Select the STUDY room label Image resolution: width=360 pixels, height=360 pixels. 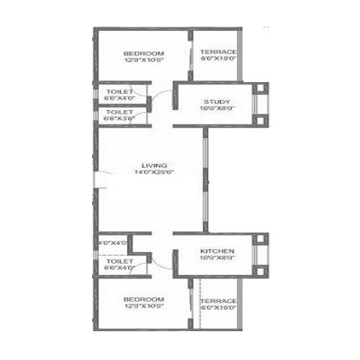[215, 102]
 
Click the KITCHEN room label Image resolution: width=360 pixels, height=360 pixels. [215, 252]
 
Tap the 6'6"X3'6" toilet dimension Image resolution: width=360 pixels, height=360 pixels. [120, 120]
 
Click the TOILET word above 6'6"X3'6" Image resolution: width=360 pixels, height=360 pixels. [120, 112]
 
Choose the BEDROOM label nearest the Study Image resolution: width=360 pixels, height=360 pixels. [143, 53]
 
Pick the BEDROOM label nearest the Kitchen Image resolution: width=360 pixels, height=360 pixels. [143, 299]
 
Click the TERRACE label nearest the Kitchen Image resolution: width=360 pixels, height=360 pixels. [219, 300]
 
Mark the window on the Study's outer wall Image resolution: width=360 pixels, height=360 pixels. [261, 107]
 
